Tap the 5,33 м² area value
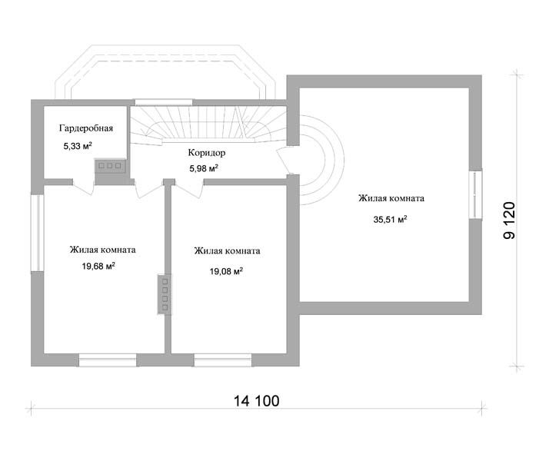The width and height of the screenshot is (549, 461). point(78,144)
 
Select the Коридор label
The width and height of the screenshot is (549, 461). point(206,152)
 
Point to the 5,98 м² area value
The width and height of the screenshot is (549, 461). point(204,168)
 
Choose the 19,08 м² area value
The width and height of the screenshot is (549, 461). point(226,270)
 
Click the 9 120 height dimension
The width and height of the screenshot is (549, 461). point(509,223)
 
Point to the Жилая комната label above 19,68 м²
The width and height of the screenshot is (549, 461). point(103,250)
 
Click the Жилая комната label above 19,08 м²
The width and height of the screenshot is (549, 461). point(227,250)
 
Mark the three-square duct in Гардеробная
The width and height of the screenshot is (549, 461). point(109,164)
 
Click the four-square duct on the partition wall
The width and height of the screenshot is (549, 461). point(165,294)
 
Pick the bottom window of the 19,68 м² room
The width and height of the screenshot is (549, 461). point(108,359)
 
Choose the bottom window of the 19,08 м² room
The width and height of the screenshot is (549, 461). point(223,359)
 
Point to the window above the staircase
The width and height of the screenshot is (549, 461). point(164,101)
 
